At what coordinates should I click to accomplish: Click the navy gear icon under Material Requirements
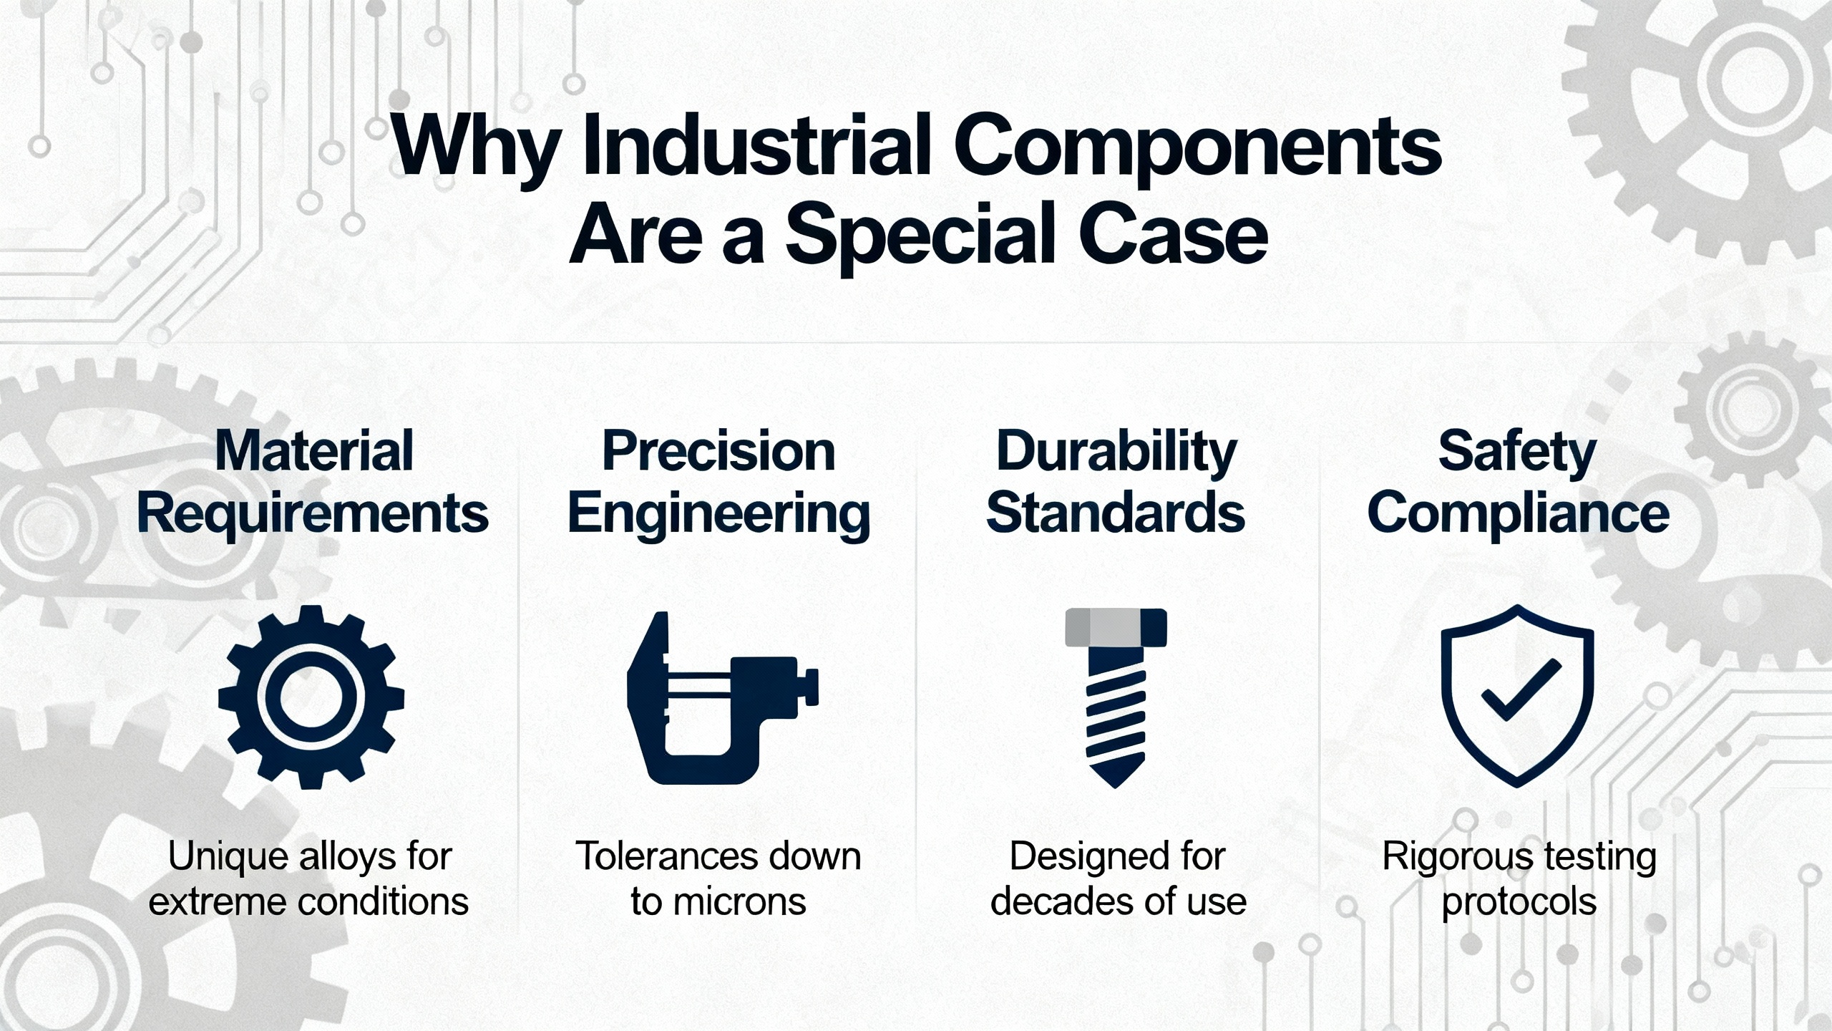[311, 697]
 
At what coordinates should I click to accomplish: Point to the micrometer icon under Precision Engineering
[722, 698]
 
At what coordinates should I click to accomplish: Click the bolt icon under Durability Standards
[1116, 698]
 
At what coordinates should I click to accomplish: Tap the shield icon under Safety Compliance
[1517, 696]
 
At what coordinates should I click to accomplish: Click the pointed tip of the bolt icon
[1116, 787]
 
